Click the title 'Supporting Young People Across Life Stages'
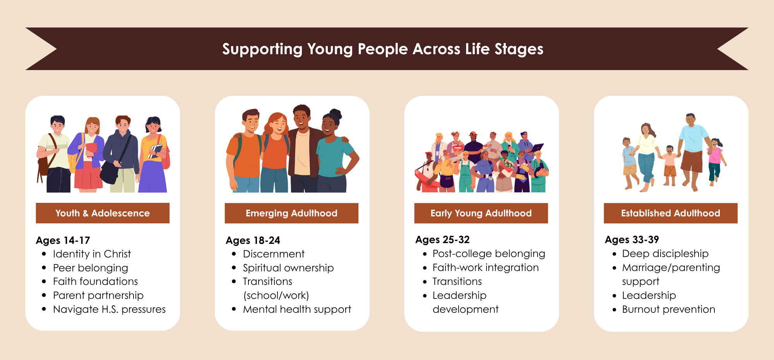(383, 49)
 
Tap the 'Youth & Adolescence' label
(103, 213)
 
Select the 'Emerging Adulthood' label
(291, 213)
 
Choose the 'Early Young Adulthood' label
(481, 213)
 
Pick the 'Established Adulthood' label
(671, 213)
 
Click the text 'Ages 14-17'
(63, 240)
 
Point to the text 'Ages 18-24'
(253, 240)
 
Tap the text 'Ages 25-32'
(442, 240)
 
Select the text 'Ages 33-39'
(632, 240)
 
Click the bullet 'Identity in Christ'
(92, 254)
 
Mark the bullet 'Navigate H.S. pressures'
(109, 309)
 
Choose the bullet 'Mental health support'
(297, 309)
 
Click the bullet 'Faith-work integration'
(485, 267)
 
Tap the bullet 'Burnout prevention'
(668, 309)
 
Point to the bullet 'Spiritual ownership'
(288, 268)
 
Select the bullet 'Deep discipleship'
(665, 254)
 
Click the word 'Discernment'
(274, 254)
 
